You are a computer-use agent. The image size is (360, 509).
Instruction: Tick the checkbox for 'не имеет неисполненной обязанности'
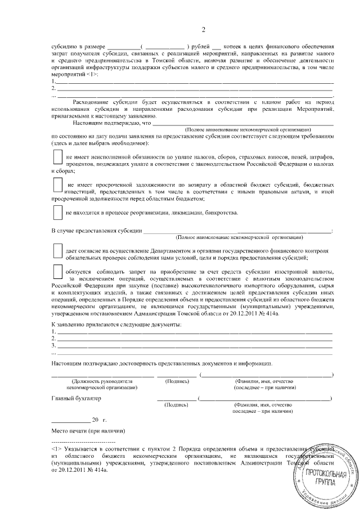[x=56, y=155]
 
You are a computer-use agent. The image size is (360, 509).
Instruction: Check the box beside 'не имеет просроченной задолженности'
[x=56, y=184]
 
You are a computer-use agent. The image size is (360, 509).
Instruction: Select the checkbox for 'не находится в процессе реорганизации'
[x=56, y=212]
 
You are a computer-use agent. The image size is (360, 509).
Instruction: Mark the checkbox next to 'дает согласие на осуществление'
[x=56, y=250]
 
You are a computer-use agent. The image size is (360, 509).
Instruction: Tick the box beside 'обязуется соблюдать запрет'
[x=56, y=271]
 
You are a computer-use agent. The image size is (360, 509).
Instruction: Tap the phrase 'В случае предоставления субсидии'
[x=96, y=231]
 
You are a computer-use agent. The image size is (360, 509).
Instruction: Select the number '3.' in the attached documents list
[x=53, y=345]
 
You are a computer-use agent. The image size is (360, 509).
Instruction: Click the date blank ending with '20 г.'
[x=70, y=420]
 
